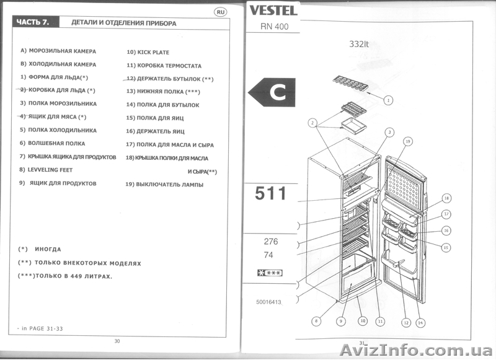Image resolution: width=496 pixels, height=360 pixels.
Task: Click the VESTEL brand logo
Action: pos(273,10)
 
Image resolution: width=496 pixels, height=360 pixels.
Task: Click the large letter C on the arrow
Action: pos(277,93)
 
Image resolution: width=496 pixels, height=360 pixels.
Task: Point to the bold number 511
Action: pos(271,194)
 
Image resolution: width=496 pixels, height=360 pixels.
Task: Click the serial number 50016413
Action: pos(268,302)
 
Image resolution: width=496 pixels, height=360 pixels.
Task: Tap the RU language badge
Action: pos(221,12)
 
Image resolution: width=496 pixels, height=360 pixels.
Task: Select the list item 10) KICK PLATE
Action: pos(148,53)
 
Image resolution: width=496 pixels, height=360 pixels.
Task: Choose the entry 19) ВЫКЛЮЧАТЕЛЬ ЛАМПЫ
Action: pos(164,185)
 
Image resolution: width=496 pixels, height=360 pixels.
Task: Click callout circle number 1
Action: pos(388,99)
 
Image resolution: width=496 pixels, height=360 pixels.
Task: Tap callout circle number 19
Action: pos(407,142)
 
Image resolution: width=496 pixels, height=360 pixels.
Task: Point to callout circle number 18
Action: pos(446,198)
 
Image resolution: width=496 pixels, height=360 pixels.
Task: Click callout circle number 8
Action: pos(316,321)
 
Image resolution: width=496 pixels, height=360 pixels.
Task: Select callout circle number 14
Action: pos(420,322)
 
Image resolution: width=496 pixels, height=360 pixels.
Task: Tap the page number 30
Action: pos(117,341)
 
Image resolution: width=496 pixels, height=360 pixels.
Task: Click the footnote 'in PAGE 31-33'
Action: pos(37,327)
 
